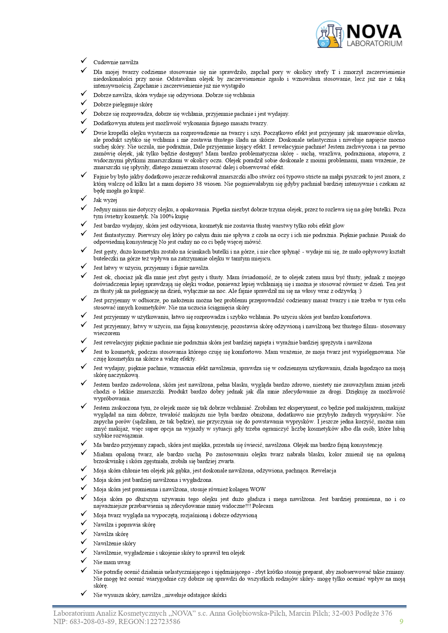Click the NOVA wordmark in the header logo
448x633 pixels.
pos(374,31)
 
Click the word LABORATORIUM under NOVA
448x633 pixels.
pos(374,44)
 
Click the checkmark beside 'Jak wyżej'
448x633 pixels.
pos(84,198)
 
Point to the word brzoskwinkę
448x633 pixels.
pos(108,461)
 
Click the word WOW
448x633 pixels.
pos(258,489)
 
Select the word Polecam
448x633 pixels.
pos(263,506)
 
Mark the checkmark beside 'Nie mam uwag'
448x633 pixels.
pos(84,561)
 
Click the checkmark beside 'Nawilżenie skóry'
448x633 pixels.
pos(84,542)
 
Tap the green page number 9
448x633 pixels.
pos(401,621)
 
